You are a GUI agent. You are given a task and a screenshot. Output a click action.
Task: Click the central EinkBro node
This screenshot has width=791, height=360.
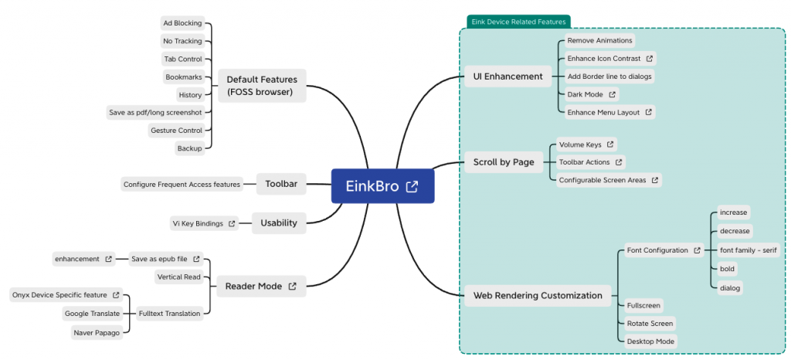[x=382, y=186]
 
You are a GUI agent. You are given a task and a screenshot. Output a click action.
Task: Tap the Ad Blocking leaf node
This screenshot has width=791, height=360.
[x=182, y=23]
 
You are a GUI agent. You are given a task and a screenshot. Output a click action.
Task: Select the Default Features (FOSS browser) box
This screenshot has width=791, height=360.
[x=262, y=86]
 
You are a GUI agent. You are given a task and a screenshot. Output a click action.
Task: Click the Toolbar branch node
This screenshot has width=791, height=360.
[x=281, y=184]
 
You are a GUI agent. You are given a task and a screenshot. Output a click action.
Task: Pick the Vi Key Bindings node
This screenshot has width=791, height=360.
[x=205, y=223]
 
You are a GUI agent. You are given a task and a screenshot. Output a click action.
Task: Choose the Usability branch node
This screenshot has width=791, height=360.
[x=279, y=223]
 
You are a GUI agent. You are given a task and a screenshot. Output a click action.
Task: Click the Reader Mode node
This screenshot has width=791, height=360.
[x=261, y=287]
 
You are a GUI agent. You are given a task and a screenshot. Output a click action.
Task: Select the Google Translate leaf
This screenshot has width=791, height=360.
[x=92, y=313]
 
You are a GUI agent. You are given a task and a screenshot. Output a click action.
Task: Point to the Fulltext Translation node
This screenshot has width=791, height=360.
[x=170, y=313]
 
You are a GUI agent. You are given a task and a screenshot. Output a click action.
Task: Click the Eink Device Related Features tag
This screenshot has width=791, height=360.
[x=518, y=22]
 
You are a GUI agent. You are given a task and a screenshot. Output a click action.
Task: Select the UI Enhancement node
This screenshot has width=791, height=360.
[x=508, y=76]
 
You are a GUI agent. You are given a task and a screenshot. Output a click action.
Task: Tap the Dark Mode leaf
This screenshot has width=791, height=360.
[x=591, y=94]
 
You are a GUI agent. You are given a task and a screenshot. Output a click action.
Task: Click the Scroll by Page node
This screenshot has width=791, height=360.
[x=504, y=162]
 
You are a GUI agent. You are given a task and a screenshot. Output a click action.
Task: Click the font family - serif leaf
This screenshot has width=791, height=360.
[x=748, y=250]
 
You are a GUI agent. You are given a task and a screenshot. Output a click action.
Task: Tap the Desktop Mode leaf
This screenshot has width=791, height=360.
[x=650, y=341]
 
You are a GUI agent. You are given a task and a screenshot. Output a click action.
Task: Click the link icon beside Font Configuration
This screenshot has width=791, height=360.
[x=698, y=250]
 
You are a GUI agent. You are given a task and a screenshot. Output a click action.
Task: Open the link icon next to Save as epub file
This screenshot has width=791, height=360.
[x=197, y=259]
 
